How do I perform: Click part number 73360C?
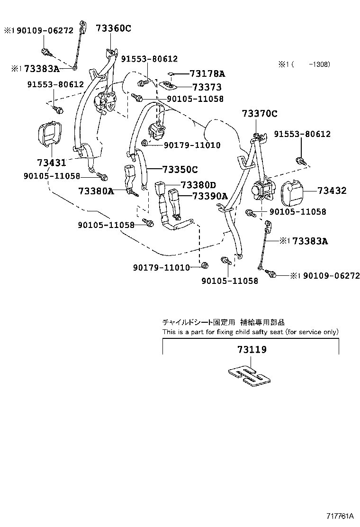pyautogui.click(x=114, y=28)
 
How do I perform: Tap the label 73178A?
pyautogui.click(x=207, y=73)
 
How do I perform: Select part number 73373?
pyautogui.click(x=207, y=87)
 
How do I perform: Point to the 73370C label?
pyautogui.click(x=259, y=114)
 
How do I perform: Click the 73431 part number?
pyautogui.click(x=52, y=163)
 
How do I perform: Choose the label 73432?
pyautogui.click(x=332, y=191)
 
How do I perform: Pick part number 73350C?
pyautogui.click(x=180, y=169)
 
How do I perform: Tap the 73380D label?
pyautogui.click(x=198, y=185)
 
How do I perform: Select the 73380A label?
pyautogui.click(x=96, y=191)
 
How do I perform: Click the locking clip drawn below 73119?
pyautogui.click(x=248, y=373)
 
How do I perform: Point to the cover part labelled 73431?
pyautogui.click(x=48, y=135)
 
